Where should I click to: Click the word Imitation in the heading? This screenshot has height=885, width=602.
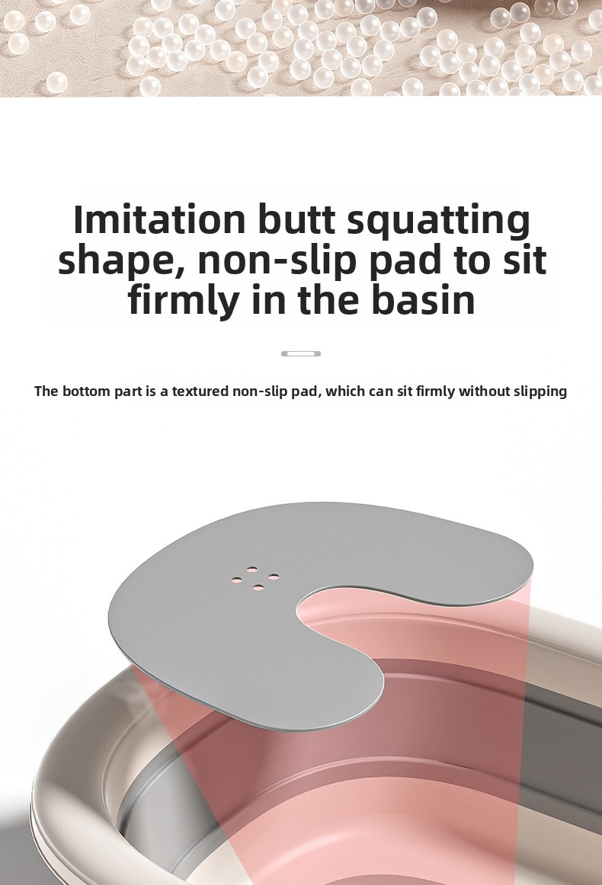pyautogui.click(x=160, y=219)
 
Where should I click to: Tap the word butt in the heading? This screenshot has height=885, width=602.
pyautogui.click(x=296, y=219)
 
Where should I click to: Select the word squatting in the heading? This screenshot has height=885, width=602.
pyautogui.click(x=439, y=221)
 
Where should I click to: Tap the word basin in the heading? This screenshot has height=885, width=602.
pyautogui.click(x=423, y=300)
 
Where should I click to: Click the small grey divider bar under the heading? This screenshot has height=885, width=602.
pyautogui.click(x=301, y=354)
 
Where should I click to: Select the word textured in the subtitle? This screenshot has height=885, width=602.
pyautogui.click(x=200, y=391)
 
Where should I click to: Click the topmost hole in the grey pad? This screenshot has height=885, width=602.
pyautogui.click(x=252, y=569)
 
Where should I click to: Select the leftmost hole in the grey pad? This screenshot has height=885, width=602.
pyautogui.click(x=237, y=580)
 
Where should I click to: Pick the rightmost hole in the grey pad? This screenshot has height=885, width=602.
pyautogui.click(x=274, y=577)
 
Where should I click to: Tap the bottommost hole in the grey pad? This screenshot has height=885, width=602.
pyautogui.click(x=258, y=587)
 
